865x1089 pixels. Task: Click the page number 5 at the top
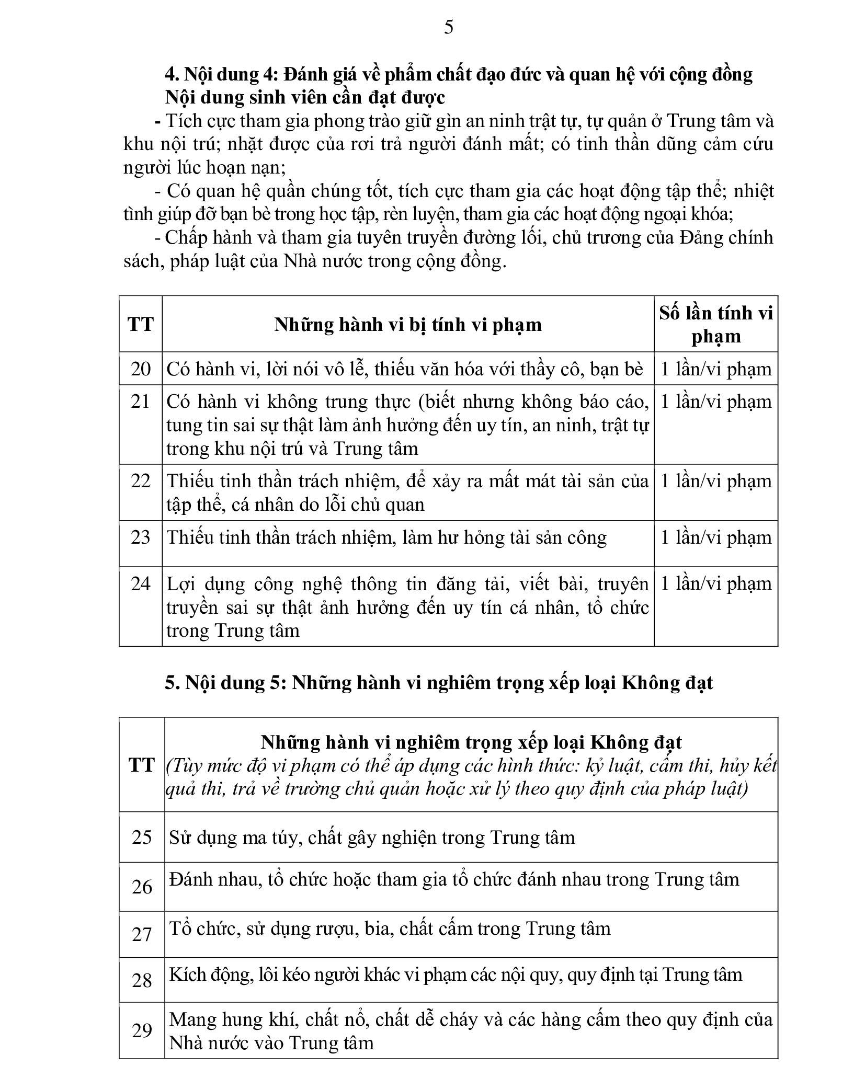pos(448,27)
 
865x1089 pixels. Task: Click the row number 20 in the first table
pos(141,369)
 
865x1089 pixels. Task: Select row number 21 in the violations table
pos(141,402)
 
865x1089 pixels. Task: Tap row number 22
pos(141,481)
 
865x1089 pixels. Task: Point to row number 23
pos(141,537)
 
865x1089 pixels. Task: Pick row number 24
pos(141,583)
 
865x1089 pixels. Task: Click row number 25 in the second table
pos(142,838)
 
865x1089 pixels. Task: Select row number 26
pos(142,887)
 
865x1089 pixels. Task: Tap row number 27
pos(142,934)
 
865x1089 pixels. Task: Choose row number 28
pos(142,980)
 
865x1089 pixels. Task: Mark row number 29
pos(142,1030)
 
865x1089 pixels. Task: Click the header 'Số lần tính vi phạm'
pos(715,324)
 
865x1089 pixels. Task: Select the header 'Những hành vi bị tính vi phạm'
pos(408,325)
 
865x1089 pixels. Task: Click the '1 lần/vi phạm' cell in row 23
pos(715,537)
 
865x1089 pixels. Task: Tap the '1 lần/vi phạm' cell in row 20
pos(715,369)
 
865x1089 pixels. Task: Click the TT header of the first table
pos(141,325)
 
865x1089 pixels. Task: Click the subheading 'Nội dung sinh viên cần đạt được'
pos(305,98)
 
